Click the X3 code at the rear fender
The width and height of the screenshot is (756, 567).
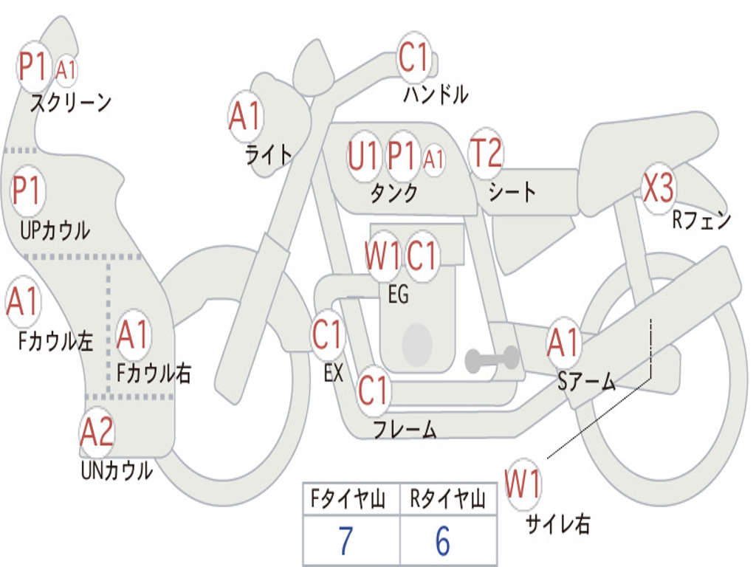click(658, 188)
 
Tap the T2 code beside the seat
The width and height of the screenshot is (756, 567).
click(486, 154)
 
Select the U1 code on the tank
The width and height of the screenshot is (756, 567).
click(363, 157)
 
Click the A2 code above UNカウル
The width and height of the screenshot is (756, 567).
click(97, 432)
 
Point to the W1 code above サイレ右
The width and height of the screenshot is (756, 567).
click(523, 485)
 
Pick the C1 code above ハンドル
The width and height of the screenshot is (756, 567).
click(413, 58)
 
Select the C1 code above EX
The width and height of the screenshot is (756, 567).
click(327, 335)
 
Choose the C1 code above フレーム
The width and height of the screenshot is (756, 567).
click(374, 390)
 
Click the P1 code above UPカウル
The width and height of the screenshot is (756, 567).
click(27, 191)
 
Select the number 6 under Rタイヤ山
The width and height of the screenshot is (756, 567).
click(443, 542)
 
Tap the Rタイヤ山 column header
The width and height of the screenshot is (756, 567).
click(448, 501)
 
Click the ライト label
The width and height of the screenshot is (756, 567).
click(269, 154)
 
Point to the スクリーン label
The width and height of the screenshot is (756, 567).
click(70, 103)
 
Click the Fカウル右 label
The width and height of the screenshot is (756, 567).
click(154, 373)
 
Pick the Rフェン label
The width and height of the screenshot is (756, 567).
click(701, 220)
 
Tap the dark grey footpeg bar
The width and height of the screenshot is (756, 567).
click(492, 360)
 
